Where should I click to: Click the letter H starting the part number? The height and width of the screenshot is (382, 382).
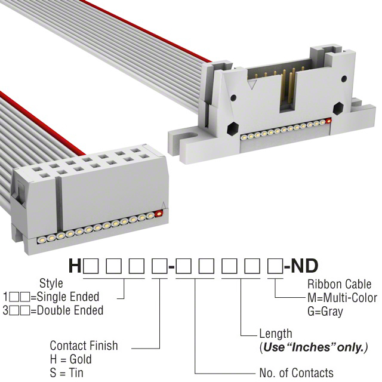click(x=75, y=266)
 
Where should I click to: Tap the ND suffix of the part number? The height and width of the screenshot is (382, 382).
click(x=304, y=266)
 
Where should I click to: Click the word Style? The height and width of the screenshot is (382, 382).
click(x=51, y=284)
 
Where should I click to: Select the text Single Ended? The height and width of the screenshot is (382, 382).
click(x=68, y=297)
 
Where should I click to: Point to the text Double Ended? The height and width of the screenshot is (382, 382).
click(x=70, y=310)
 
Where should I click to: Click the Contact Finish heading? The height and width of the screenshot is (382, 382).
click(x=84, y=346)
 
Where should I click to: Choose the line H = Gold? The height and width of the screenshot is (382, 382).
click(x=71, y=359)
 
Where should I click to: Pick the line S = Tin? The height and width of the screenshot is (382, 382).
click(x=66, y=372)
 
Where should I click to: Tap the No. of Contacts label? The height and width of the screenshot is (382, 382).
click(x=296, y=372)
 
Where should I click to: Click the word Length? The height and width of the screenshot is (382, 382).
click(x=276, y=334)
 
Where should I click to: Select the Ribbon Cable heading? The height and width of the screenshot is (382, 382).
click(x=340, y=284)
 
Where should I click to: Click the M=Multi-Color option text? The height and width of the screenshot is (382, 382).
click(x=342, y=297)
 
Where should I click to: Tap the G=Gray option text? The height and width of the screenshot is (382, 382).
click(x=325, y=311)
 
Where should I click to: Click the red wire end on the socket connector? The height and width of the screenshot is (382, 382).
click(x=159, y=214)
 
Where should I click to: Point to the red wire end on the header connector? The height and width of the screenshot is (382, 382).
click(x=329, y=121)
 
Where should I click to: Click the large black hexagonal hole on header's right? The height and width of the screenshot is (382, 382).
click(x=338, y=109)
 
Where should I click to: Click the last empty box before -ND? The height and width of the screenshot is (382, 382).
click(x=275, y=266)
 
